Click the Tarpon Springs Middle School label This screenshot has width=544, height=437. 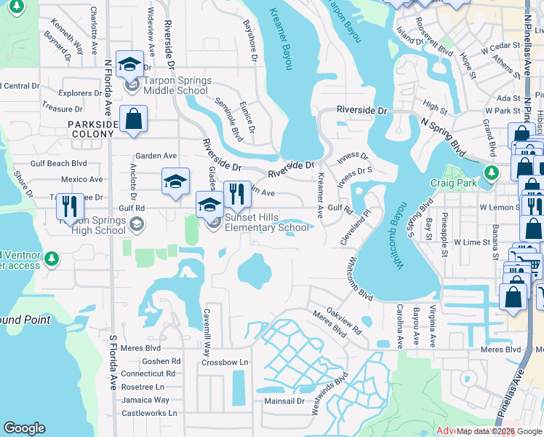coord(177,85)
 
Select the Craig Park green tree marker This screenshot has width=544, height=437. coord(492,173)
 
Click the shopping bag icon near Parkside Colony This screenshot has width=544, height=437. coord(134,119)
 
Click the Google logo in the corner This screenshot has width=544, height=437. coord(24,428)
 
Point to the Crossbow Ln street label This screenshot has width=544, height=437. coord(225,362)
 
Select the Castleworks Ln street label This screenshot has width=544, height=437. coord(148,413)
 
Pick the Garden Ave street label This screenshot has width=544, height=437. coord(156,156)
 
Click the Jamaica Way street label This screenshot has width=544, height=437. coord(145,400)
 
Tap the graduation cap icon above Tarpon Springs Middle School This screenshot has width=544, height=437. coord(129,64)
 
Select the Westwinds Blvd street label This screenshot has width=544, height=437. coord(330,395)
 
